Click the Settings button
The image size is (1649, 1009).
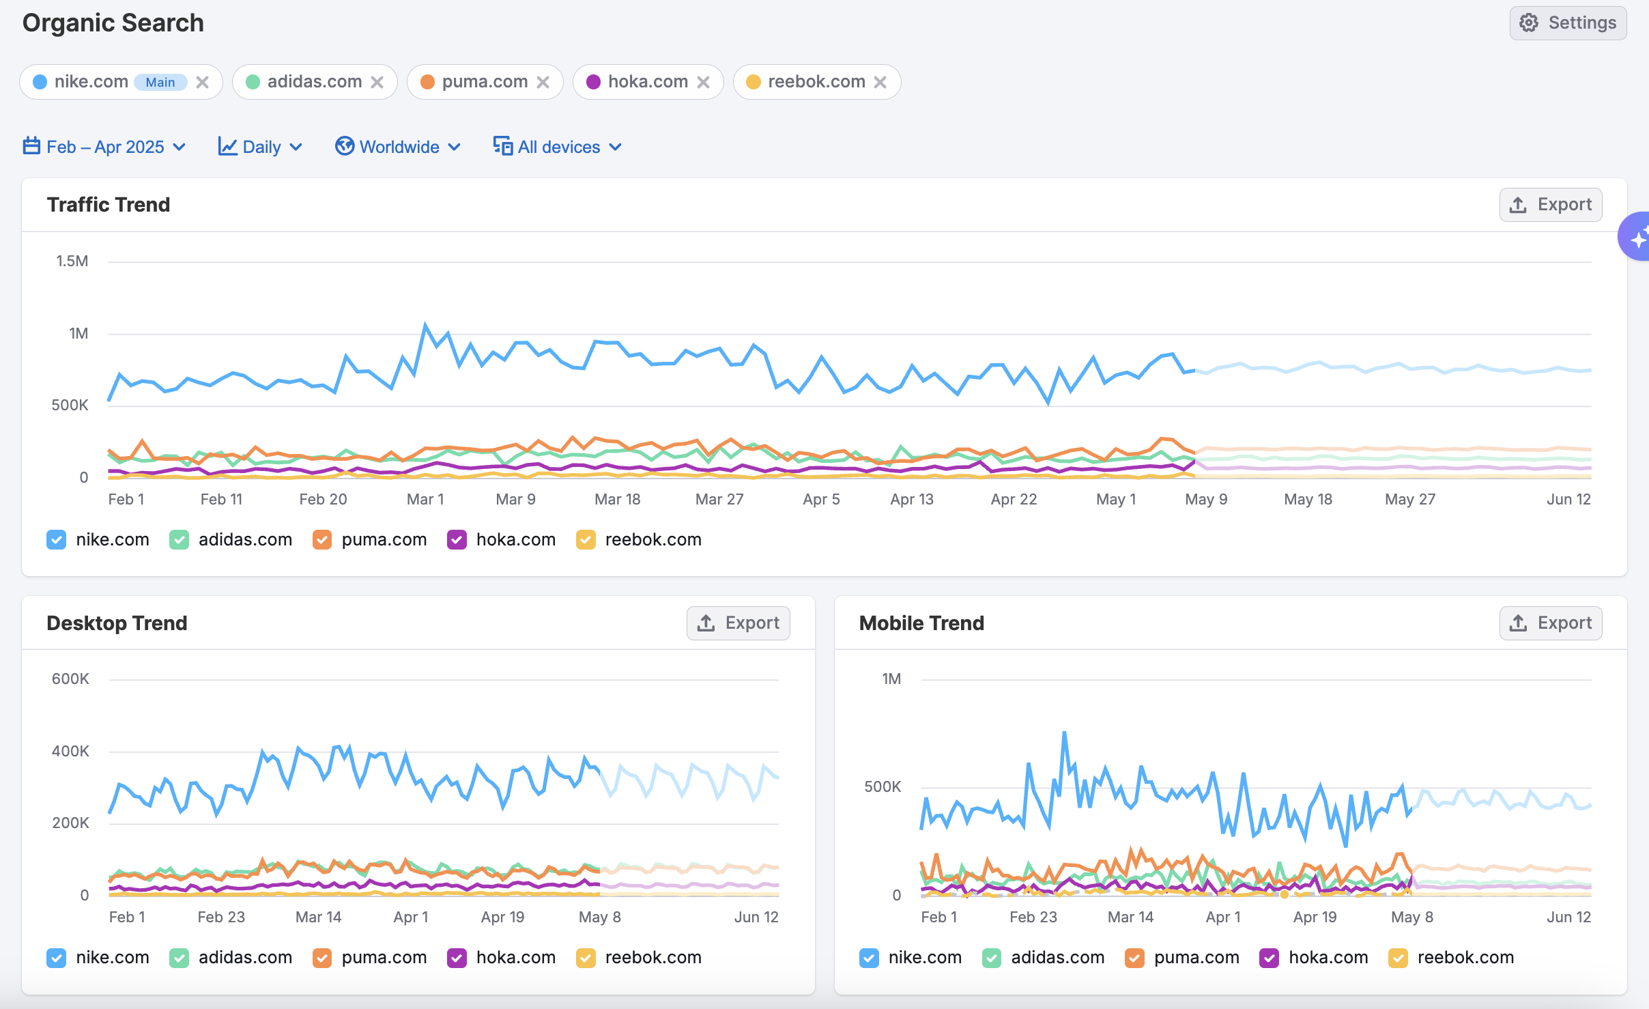[1568, 23]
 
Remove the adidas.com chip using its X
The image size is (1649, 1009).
[377, 83]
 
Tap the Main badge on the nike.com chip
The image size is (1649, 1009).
[160, 83]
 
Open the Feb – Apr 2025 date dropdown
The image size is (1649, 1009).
[104, 147]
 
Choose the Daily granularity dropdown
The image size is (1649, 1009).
[260, 147]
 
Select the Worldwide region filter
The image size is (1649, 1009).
[398, 147]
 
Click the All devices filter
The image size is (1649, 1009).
[558, 147]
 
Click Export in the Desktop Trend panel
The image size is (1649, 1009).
[738, 623]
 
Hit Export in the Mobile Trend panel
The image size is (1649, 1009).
[1550, 623]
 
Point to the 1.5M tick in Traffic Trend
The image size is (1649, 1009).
[72, 261]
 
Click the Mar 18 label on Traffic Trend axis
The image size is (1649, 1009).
[617, 499]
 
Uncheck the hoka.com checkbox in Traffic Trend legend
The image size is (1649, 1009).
[457, 539]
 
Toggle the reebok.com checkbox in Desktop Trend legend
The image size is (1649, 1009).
[586, 958]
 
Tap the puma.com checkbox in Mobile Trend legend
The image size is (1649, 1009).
[1134, 958]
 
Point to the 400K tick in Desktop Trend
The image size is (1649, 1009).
[70, 751]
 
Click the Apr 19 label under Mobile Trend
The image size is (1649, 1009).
[1315, 917]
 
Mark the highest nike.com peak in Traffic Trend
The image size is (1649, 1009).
[426, 326]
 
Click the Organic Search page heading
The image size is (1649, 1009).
[113, 23]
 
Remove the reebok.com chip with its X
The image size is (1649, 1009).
[880, 83]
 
